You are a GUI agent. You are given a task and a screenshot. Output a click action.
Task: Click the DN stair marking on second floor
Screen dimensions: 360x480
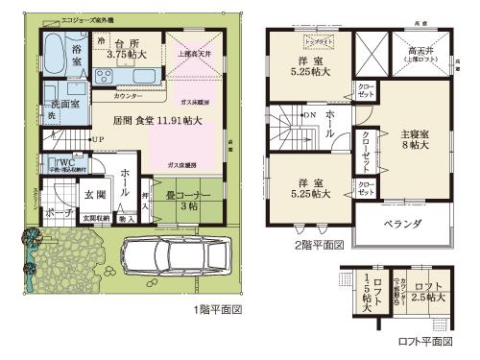click(x=311, y=113)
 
